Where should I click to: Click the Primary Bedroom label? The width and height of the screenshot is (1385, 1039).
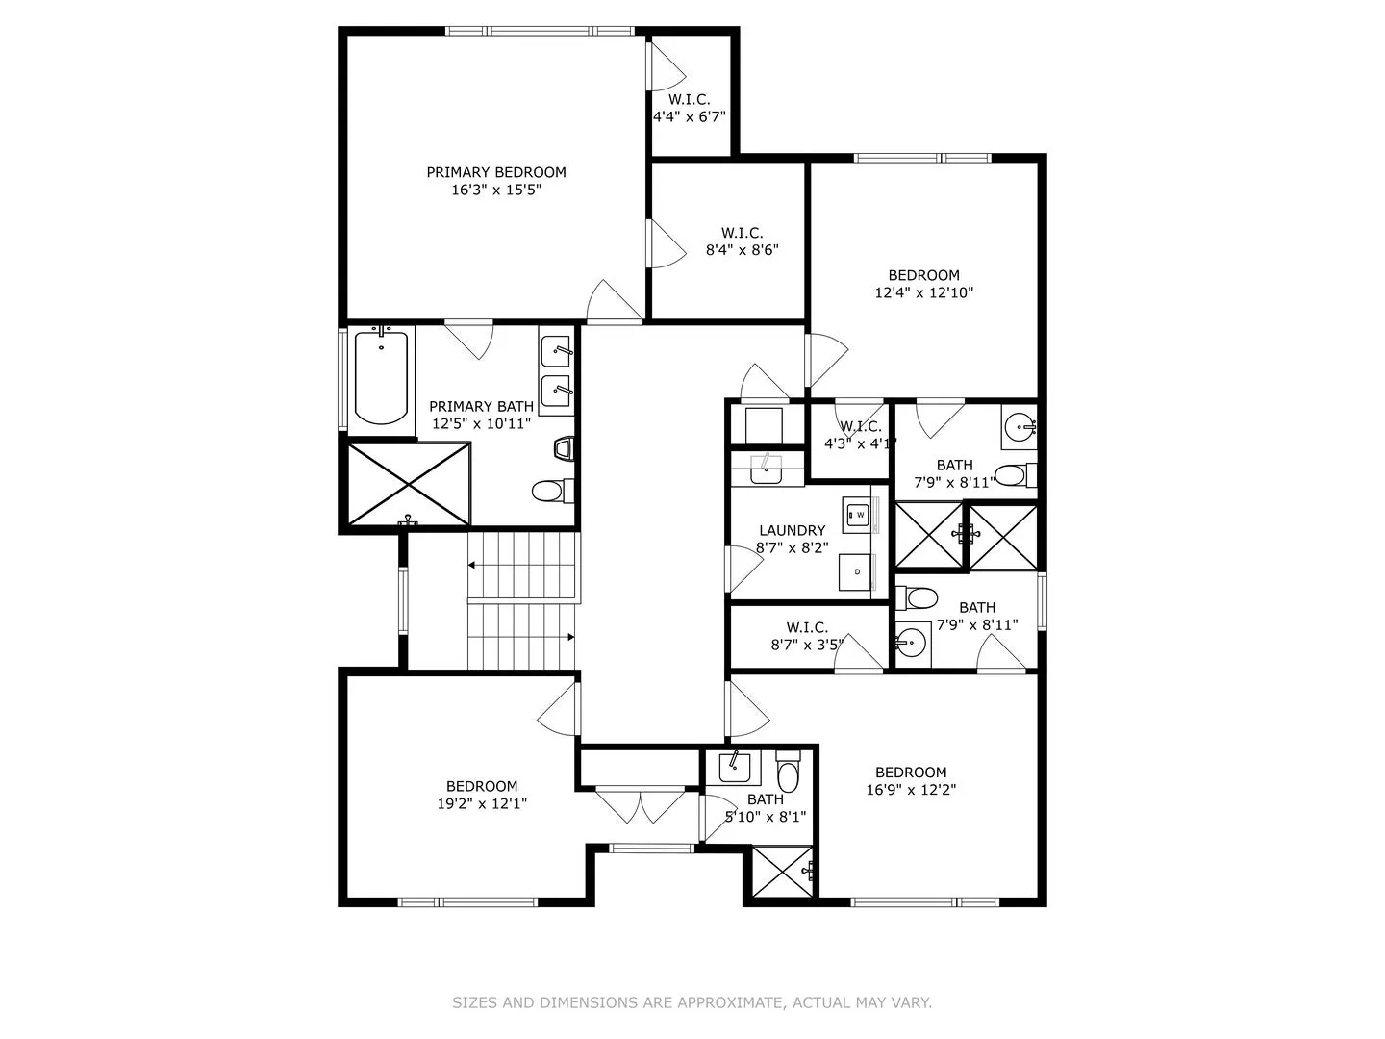coord(496,172)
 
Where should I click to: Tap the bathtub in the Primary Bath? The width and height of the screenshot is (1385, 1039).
coord(381,377)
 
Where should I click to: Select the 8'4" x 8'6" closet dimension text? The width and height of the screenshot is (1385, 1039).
coord(742,250)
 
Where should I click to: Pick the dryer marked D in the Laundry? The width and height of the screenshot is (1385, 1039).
coord(856,572)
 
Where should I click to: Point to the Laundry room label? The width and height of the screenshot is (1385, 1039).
coord(792,530)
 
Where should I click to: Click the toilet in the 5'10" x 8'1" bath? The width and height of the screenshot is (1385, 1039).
coord(788,771)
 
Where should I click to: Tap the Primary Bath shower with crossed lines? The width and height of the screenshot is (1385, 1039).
coord(408,484)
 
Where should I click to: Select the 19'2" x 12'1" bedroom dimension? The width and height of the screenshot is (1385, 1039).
coord(482,803)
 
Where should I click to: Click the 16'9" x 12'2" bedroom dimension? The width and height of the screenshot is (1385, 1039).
coord(911,790)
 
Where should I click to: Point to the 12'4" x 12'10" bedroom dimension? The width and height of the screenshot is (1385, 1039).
coord(923,292)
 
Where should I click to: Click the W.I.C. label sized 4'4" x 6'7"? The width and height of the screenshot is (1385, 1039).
coord(689,100)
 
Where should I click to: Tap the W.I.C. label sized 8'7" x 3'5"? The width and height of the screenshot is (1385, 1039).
coord(807,627)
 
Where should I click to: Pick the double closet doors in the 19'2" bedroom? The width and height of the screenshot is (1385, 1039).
coord(641,806)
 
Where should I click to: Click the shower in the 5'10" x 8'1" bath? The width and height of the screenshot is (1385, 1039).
coord(782,873)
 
